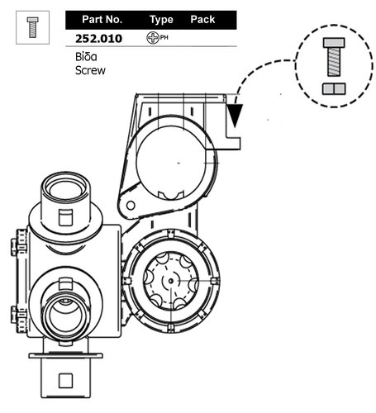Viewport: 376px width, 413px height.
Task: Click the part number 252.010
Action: (98, 39)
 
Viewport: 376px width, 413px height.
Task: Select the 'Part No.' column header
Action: (102, 20)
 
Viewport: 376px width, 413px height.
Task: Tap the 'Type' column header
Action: (161, 20)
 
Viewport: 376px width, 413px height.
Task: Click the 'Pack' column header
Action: (202, 20)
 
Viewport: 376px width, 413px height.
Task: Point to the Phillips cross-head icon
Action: (153, 38)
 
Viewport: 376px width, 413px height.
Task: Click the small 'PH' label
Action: (164, 37)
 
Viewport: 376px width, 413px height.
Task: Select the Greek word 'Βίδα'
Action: (86, 57)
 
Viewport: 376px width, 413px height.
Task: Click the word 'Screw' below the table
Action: (90, 70)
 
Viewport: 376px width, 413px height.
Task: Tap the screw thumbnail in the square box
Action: (33, 27)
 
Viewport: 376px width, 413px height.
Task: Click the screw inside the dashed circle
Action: (334, 57)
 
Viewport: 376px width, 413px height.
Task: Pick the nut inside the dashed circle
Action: (334, 88)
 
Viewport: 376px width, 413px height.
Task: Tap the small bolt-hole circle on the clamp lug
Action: (131, 206)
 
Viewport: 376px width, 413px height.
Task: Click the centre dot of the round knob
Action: (171, 281)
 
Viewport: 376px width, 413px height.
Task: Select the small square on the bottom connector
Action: (65, 381)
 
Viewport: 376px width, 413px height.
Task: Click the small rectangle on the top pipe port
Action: (65, 217)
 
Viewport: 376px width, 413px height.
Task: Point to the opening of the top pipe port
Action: (65, 189)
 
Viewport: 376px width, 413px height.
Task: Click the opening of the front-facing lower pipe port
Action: (65, 316)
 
